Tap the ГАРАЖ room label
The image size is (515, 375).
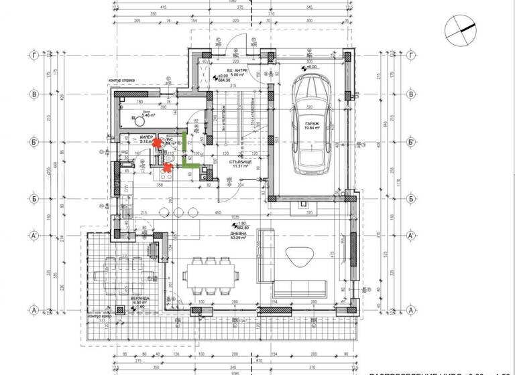pyautogui.click(x=309, y=125)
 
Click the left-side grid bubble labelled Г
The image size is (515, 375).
pyautogui.click(x=33, y=56)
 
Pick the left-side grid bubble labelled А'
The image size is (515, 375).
pyautogui.click(x=33, y=236)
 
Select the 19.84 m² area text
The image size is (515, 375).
pyautogui.click(x=309, y=131)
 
